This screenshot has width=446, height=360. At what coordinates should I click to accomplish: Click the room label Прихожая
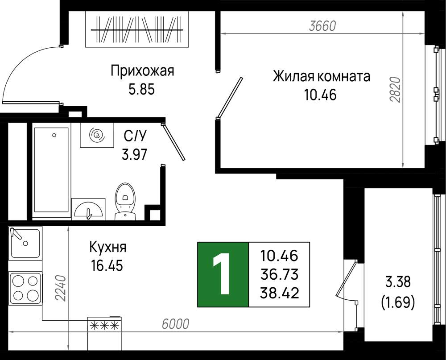[x=142, y=71]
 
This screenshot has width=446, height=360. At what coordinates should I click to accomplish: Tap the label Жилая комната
[x=322, y=77]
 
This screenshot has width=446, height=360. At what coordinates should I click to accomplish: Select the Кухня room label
[x=108, y=247]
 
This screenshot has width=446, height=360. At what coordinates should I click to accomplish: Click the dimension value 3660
[x=322, y=26]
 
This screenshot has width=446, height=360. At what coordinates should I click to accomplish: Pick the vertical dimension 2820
[x=395, y=89]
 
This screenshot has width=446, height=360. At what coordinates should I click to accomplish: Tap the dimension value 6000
[x=175, y=324]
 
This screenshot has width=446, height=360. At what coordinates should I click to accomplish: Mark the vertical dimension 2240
[x=60, y=288]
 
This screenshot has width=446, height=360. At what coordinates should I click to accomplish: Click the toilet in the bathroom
[x=125, y=202]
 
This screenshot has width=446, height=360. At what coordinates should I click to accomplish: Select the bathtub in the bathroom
[x=51, y=170]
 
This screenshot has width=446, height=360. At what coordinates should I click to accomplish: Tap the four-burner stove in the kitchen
[x=25, y=288]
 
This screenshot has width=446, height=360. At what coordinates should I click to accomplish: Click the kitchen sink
[x=25, y=243]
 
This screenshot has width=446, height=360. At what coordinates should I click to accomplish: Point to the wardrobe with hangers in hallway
[x=137, y=29]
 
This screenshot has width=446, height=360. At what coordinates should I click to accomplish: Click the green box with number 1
[x=223, y=274]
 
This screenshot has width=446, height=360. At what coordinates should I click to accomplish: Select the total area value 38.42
[x=279, y=293]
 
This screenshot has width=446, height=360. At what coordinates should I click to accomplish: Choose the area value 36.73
[x=279, y=274]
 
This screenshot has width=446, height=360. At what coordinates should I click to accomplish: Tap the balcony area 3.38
[x=398, y=282]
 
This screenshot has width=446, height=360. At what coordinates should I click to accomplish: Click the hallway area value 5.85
[x=142, y=90]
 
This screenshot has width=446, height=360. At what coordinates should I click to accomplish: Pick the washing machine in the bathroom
[x=97, y=135]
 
